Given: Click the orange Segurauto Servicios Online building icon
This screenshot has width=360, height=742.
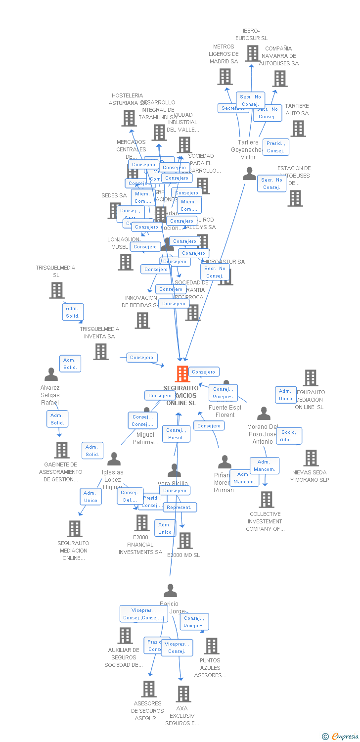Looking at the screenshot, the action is point(182,374).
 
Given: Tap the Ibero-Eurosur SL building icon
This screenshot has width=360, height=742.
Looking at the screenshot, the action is point(252,53).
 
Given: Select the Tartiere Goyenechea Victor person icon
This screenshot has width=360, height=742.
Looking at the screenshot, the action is point(250,174).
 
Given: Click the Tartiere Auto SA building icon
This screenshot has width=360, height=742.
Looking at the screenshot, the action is point(298,129).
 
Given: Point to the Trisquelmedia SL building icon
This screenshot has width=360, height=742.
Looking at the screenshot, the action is point(57,290).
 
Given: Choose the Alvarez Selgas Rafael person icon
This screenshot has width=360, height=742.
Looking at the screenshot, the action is point(51,374).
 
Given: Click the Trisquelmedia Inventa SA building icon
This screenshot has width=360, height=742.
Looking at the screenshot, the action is point(101,352).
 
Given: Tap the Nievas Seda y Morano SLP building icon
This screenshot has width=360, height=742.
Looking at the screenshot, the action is point(311,458).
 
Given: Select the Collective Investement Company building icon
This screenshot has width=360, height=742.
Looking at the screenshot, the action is point(267,500).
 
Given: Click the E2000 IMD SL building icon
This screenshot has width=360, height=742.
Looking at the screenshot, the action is point(185,541).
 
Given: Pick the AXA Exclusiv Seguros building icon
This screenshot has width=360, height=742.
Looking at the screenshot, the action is point(183,694).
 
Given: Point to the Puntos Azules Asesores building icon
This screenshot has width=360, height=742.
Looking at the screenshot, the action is point(212,646).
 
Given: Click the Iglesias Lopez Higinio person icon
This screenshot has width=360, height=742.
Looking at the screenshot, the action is point(114,459).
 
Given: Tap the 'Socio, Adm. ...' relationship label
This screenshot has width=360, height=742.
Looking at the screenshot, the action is point(289,436).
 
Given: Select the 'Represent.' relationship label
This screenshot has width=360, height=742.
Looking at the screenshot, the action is point(180,508).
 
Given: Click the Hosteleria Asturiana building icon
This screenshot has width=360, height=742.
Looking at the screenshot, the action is point(129,118).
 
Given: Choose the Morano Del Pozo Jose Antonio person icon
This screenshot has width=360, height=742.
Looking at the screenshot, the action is point(264,414).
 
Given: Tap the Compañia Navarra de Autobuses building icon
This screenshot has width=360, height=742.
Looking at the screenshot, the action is point(280,79).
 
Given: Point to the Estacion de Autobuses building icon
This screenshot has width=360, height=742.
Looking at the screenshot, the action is point(295,198).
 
